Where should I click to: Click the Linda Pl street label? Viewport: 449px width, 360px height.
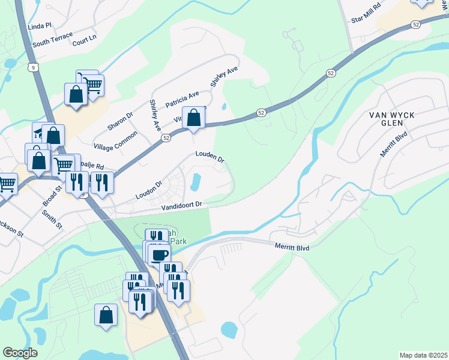(x=40, y=28)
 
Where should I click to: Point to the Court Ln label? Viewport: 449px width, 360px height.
(x=84, y=40)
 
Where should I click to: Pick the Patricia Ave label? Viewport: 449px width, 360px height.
(x=182, y=97)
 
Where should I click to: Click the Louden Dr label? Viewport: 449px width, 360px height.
(x=209, y=157)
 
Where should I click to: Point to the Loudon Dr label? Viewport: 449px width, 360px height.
(x=149, y=190)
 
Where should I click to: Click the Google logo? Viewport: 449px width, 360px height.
(x=20, y=353)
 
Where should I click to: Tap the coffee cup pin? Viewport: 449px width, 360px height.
(x=159, y=255)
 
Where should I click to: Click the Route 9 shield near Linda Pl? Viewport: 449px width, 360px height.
(x=35, y=68)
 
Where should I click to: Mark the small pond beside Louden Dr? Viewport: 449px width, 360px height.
(x=196, y=180)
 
